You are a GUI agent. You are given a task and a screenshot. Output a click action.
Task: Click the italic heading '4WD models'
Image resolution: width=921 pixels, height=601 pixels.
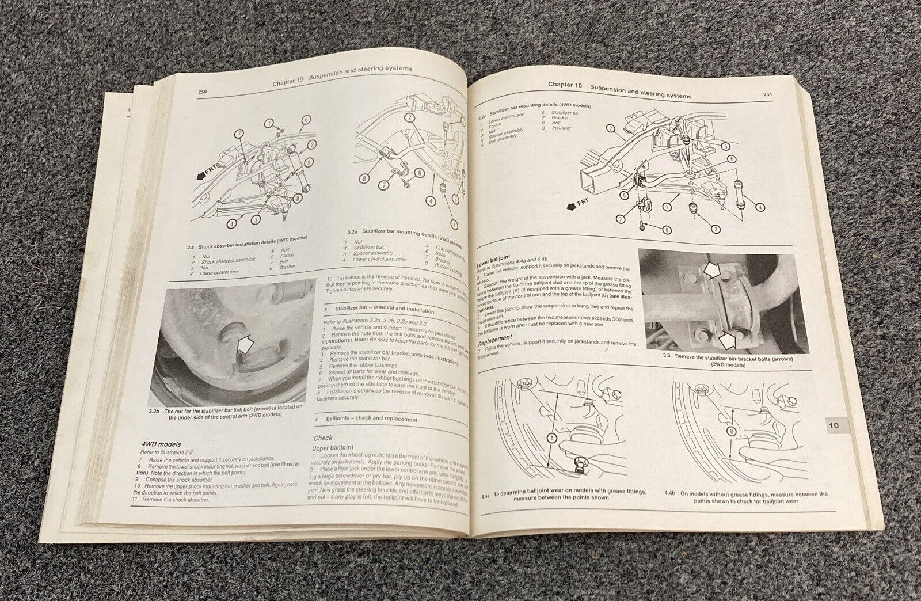click(x=162, y=444)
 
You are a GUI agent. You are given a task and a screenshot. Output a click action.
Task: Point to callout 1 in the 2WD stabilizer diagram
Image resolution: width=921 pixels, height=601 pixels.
click(x=455, y=224)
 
